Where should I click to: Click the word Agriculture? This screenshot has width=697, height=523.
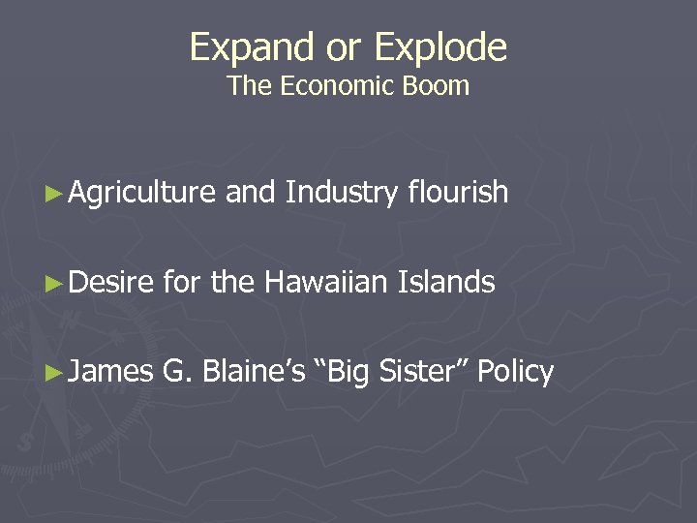[142, 193]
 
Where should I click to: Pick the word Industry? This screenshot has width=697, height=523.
[341, 193]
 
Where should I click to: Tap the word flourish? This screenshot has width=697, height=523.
[458, 193]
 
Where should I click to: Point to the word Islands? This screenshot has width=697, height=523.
[446, 283]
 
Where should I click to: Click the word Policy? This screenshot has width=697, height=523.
[516, 372]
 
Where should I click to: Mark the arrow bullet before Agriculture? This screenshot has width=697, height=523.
[56, 194]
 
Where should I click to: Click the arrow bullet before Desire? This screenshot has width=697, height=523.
[56, 284]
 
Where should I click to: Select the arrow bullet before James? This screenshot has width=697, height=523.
[56, 373]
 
